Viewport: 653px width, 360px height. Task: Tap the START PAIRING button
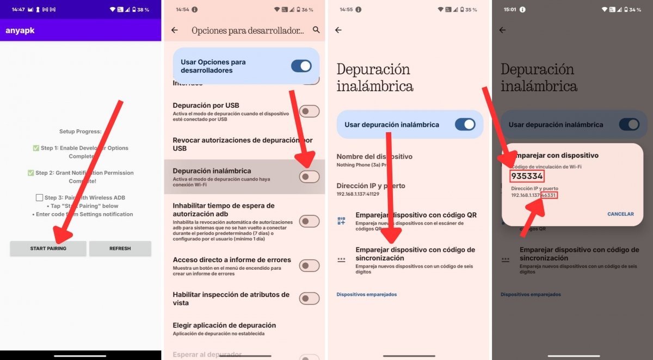click(48, 249)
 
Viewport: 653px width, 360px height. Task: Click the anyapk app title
click(20, 30)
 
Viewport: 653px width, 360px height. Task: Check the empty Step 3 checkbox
click(39, 198)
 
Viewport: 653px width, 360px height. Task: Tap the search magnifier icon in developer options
click(316, 30)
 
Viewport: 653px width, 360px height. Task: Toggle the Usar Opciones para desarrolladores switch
click(301, 66)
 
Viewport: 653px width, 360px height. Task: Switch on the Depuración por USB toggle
click(309, 111)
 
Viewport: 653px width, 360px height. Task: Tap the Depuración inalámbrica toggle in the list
click(309, 177)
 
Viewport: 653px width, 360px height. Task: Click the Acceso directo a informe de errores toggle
click(309, 265)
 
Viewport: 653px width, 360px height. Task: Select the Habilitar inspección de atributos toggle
click(309, 299)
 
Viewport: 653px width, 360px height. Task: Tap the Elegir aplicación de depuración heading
click(224, 325)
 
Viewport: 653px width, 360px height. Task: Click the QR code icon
click(341, 220)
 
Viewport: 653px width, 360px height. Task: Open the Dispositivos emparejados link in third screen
click(366, 294)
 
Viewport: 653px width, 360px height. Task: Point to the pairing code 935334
click(527, 177)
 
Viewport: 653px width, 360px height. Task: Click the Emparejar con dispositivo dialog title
click(555, 156)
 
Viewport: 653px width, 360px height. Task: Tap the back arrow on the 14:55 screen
click(338, 30)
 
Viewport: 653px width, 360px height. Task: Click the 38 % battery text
click(143, 10)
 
